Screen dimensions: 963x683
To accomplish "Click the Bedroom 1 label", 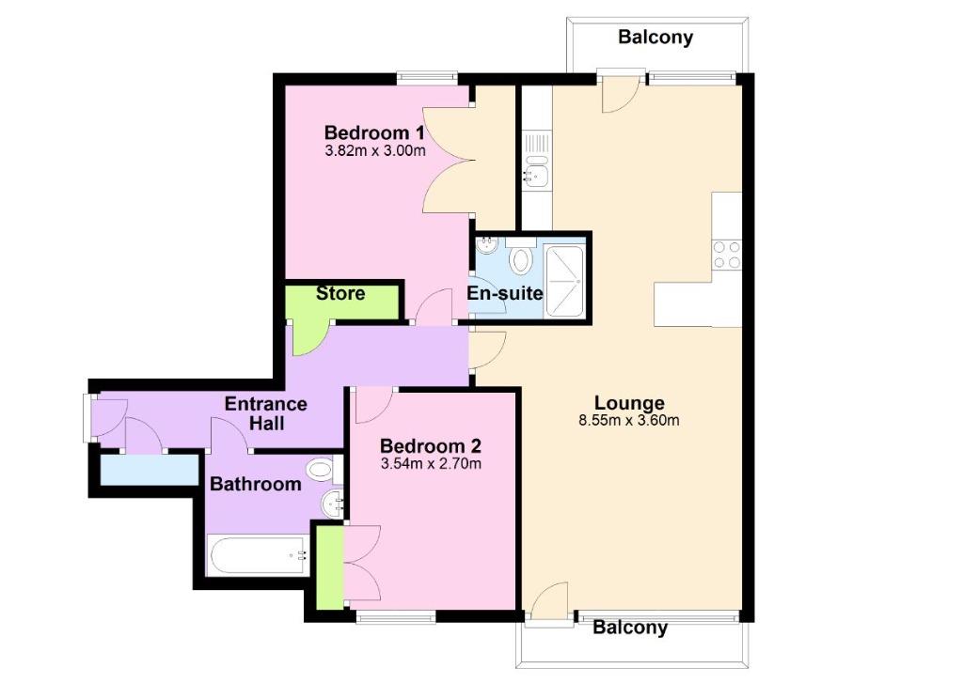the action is [374, 132].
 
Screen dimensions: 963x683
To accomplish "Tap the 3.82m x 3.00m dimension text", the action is [374, 150].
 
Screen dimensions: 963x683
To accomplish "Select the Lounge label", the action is [629, 403].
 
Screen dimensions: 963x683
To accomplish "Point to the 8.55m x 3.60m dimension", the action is [629, 420].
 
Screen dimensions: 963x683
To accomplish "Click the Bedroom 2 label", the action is [430, 446].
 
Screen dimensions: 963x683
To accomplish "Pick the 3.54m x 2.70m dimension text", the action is [431, 463].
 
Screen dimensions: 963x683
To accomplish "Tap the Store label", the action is [340, 293].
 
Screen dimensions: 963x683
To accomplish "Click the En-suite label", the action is [505, 293].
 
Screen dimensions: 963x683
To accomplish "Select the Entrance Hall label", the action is [266, 413].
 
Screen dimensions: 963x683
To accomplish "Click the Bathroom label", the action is [256, 484].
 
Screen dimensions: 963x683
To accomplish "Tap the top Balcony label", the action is [655, 38].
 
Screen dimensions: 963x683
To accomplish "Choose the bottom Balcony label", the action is [629, 628].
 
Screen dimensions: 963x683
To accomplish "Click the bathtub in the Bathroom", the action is [259, 556].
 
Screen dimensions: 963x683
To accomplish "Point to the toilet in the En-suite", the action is [521, 256].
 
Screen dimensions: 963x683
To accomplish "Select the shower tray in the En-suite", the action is [564, 282].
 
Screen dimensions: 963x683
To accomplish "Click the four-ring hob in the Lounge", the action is [727, 255].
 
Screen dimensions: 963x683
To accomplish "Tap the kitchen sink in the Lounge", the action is [537, 169].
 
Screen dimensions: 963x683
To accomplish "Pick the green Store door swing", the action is [308, 338].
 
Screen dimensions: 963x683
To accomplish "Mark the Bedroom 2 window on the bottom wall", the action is [396, 616].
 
